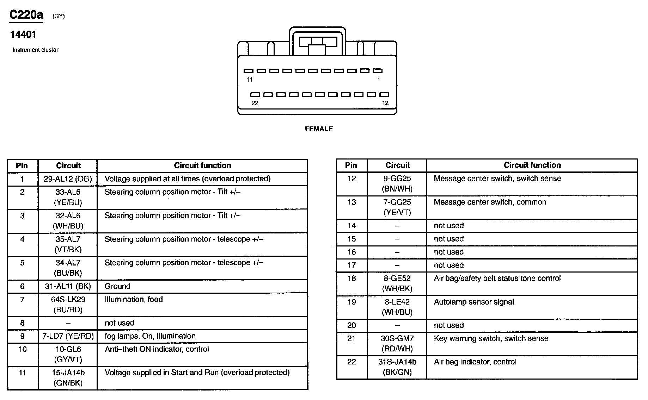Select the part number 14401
[23, 35]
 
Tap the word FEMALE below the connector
[319, 129]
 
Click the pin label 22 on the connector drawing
[255, 103]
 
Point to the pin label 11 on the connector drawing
[250, 80]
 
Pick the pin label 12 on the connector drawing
[385, 103]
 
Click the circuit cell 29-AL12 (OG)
[68, 179]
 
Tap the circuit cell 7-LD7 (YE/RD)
[68, 336]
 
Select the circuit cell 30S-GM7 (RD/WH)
[397, 343]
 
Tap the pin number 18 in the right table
[351, 278]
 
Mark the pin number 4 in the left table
[22, 239]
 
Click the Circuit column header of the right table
[397, 165]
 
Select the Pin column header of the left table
[22, 165]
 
